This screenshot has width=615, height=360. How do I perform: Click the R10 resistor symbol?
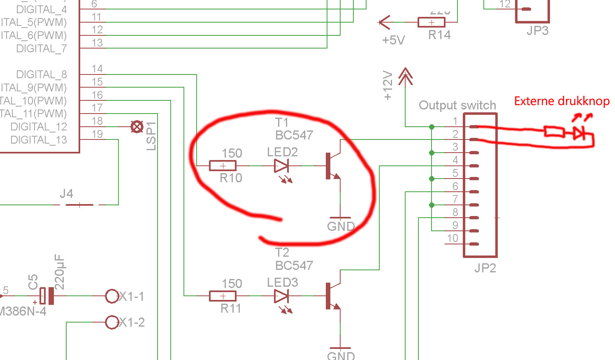coord(223,166)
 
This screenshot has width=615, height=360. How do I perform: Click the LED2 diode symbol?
coord(281,166)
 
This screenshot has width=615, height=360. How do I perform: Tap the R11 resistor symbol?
coord(223,296)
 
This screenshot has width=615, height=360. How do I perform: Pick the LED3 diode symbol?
coord(281,296)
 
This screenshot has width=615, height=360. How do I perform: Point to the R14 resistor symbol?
coord(431,22)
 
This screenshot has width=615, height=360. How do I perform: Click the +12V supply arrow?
coord(406,76)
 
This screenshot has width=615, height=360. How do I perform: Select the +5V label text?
coord(393,40)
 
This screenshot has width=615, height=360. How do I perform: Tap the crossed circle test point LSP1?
coord(137,127)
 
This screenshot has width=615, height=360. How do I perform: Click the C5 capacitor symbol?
coord(46,296)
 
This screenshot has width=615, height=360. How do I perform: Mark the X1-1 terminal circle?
coord(112,296)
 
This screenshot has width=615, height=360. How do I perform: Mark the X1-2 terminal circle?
coord(112,322)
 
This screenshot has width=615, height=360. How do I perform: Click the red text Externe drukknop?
coord(562,101)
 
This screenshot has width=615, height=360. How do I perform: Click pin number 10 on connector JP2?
coord(453,238)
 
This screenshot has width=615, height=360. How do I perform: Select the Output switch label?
coord(457,105)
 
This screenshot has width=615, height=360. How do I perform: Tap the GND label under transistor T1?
coord(341,226)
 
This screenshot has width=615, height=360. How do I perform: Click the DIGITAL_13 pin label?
coord(39,140)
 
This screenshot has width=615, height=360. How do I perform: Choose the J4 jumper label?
coord(66,193)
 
